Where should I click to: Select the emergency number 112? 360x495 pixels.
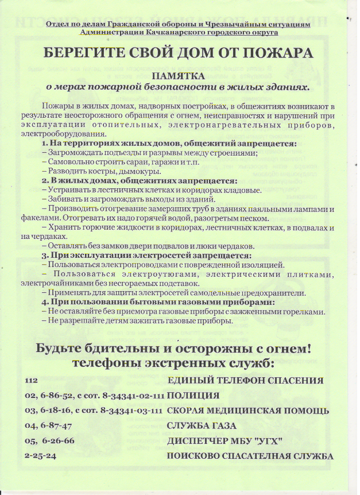(31, 381)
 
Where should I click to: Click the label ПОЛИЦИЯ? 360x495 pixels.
(193, 396)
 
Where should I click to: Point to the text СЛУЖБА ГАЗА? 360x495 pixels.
(202, 426)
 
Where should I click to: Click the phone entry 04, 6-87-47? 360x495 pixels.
(48, 426)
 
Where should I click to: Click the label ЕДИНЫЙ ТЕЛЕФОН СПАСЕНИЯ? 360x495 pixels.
(245, 381)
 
